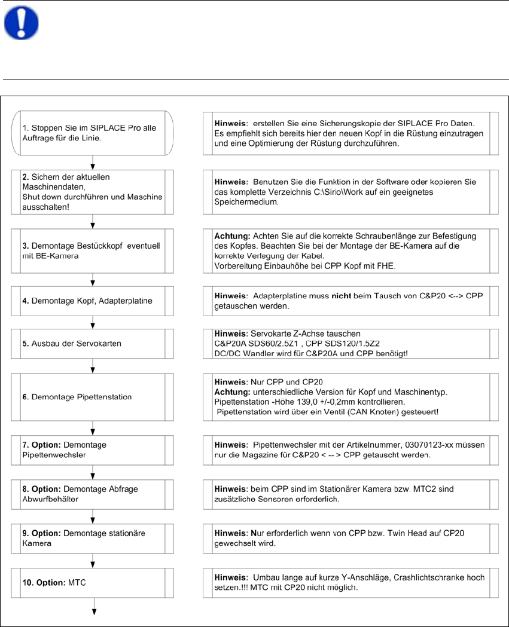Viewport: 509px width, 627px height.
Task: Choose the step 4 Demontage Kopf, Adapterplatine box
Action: coord(93,301)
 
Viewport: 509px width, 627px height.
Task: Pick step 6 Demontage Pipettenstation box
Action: coord(93,396)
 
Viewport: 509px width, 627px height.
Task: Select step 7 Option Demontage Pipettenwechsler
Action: coord(93,450)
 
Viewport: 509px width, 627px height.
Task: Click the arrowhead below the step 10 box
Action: coord(93,611)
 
